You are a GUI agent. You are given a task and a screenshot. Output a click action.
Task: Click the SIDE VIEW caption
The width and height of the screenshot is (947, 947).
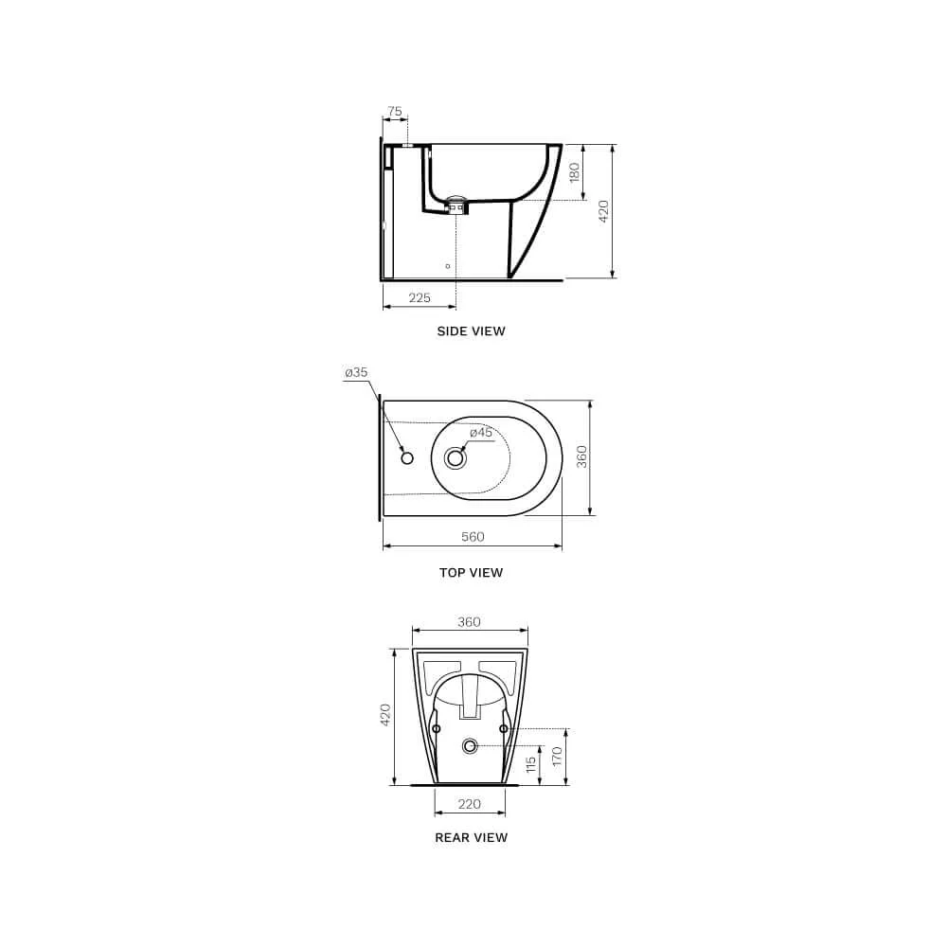(471, 331)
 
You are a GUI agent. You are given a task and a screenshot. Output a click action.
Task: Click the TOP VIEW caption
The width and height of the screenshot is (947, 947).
(471, 573)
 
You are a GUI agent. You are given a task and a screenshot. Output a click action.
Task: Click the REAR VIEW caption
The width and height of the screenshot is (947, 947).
(471, 838)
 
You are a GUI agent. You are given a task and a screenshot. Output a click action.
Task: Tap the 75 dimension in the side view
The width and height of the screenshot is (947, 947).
(394, 111)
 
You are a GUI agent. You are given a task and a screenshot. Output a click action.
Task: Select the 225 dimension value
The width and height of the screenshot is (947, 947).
(420, 297)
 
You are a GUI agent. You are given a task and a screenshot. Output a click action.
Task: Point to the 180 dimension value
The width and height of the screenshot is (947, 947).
(575, 172)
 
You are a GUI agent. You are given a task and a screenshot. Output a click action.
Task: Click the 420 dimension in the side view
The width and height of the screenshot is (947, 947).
(603, 211)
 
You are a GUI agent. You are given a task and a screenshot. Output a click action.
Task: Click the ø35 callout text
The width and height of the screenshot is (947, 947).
(356, 372)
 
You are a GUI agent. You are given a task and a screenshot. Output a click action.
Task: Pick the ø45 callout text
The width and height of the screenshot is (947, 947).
(481, 433)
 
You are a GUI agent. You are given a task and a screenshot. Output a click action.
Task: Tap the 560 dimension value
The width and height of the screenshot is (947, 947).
(473, 537)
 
